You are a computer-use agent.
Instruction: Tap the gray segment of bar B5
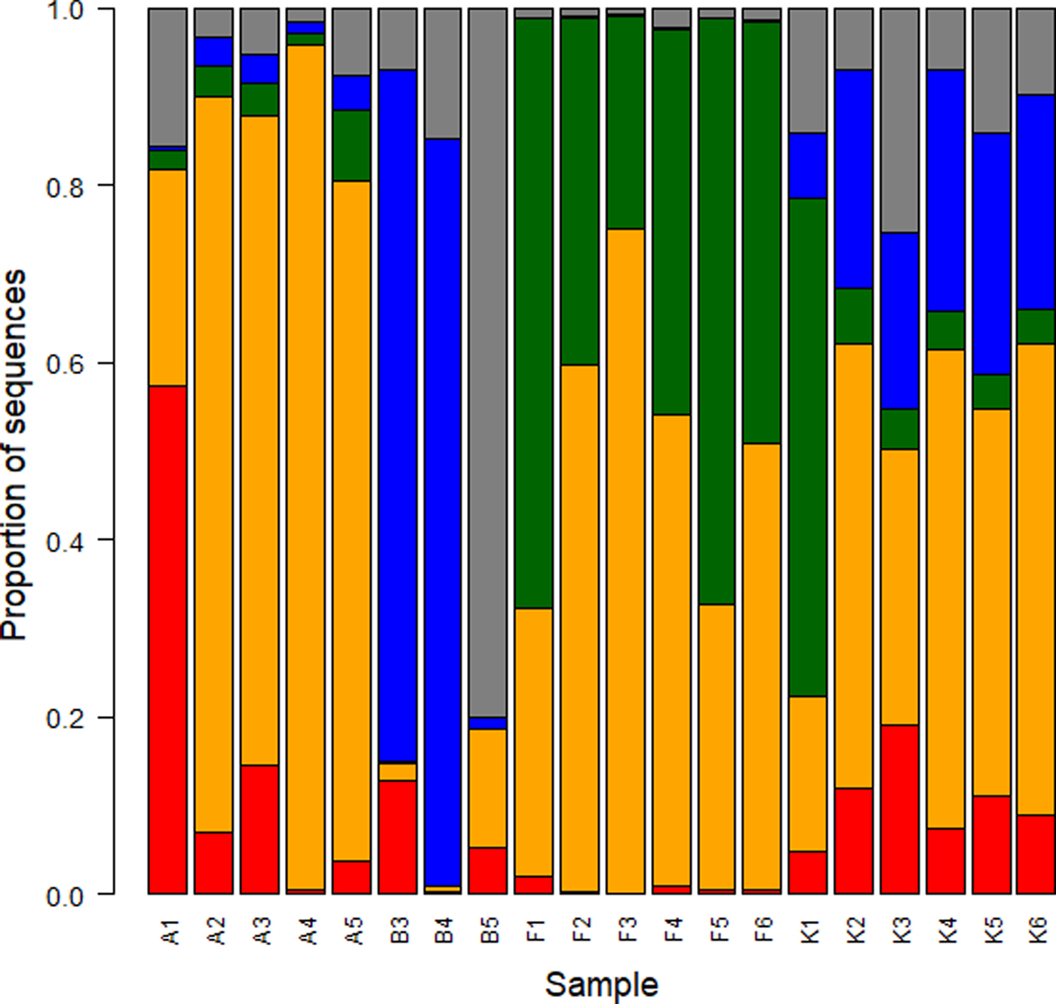click(488, 362)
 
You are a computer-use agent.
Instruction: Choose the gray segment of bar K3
click(900, 121)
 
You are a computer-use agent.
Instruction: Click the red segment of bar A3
click(259, 829)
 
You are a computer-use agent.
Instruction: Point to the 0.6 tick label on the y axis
click(66, 364)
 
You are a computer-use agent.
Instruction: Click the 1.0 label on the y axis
click(66, 11)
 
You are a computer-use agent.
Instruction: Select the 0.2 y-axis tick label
click(66, 718)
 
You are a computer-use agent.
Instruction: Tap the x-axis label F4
click(673, 929)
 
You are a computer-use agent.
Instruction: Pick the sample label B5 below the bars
click(490, 929)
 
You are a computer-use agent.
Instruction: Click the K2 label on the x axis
click(855, 929)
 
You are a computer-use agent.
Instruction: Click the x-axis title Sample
click(601, 984)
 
